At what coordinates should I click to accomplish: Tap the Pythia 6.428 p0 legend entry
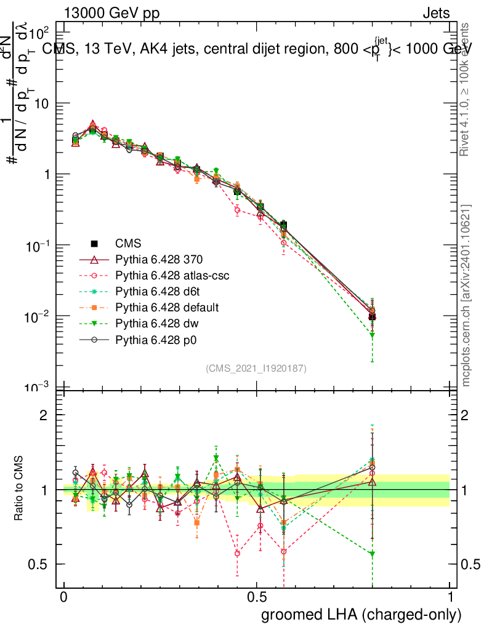click(x=159, y=339)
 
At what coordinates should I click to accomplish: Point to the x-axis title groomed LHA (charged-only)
click(x=361, y=614)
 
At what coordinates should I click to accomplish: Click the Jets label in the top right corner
click(x=435, y=13)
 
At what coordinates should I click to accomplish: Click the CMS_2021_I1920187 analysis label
click(x=256, y=368)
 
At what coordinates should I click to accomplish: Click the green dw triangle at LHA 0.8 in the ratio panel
click(x=372, y=554)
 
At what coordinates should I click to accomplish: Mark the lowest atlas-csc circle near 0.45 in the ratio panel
click(x=237, y=553)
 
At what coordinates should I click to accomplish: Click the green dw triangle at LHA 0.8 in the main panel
click(x=372, y=335)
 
